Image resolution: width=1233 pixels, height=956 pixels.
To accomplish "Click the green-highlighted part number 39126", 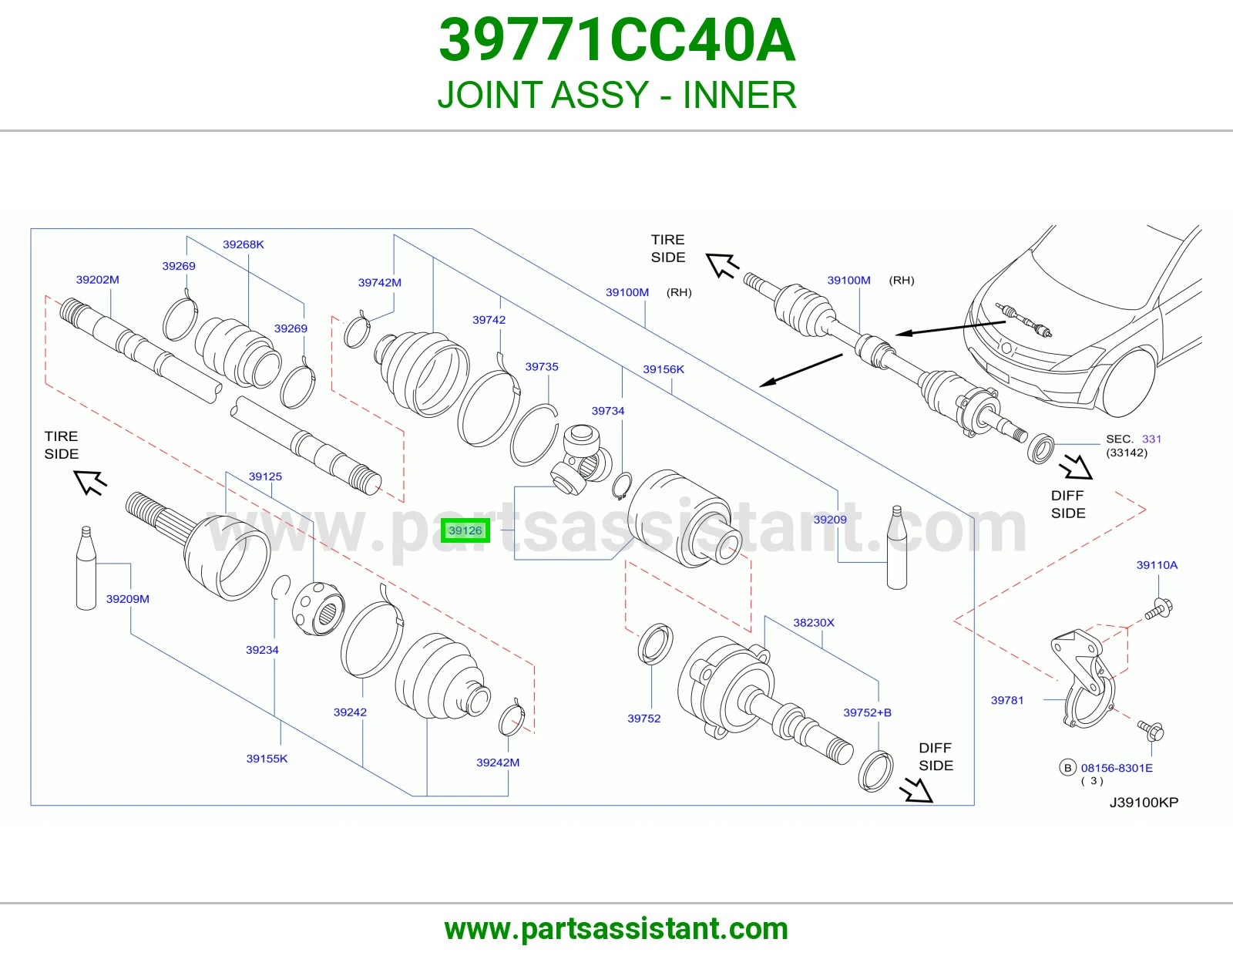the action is point(465,530).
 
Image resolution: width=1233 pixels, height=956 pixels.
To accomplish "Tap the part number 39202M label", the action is point(98,280).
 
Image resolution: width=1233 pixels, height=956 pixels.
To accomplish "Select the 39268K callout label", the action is point(244,244).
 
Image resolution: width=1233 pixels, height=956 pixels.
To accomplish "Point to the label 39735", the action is point(542,367).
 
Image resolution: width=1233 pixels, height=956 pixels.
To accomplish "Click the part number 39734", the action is point(608,411).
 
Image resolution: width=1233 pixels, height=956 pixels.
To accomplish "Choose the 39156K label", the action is point(664,369).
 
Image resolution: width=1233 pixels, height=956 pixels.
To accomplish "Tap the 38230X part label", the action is point(814,623).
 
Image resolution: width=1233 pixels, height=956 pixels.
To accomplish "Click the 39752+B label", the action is point(867,712).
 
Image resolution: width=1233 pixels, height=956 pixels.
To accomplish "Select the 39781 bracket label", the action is point(1007,701).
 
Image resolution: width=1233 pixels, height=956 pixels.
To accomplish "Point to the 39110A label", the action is point(1157,565).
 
